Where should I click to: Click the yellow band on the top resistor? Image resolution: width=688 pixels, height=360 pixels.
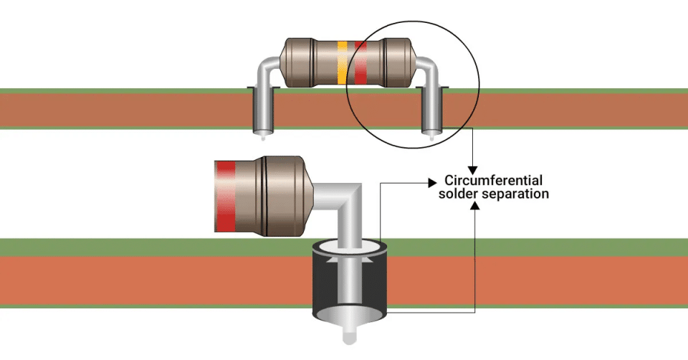tap(342, 63)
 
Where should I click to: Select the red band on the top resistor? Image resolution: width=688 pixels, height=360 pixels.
tap(360, 63)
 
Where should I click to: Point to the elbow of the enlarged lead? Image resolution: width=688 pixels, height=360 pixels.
tap(354, 197)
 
